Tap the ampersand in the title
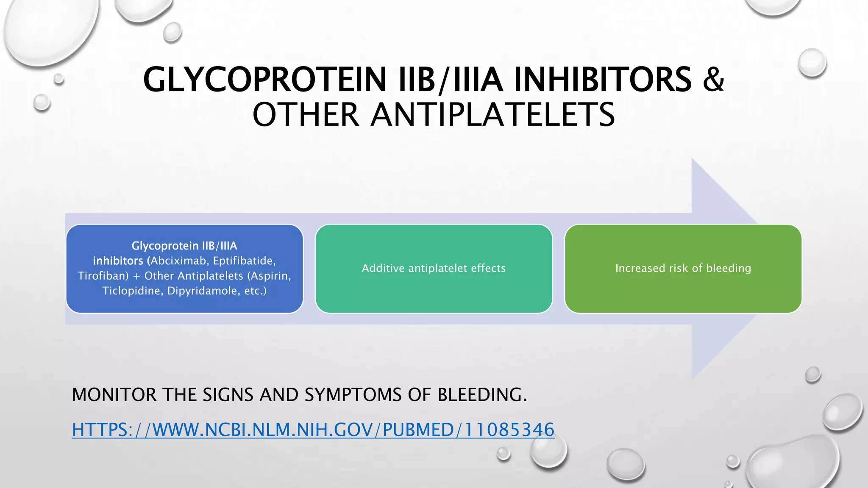coord(713,80)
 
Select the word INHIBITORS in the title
coord(603,80)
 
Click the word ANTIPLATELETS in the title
coord(492,115)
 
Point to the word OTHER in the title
coord(306,115)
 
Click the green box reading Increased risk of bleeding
coord(683,269)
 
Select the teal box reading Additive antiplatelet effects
coord(434,269)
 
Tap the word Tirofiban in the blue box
coord(103,276)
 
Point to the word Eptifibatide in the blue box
coord(244,261)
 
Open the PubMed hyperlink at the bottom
coord(313,430)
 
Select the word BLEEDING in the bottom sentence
coord(481,395)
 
